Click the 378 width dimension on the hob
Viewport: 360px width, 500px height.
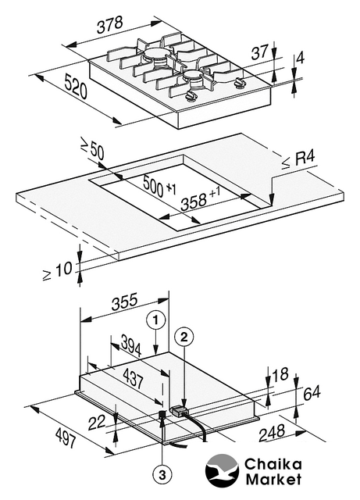point(110,25)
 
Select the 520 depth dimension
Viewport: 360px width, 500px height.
point(76,86)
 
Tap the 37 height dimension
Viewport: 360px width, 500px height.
point(259,52)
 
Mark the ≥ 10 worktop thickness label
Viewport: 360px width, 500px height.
point(58,271)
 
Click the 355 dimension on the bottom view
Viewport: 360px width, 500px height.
point(125,302)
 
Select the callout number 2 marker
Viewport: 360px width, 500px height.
point(184,337)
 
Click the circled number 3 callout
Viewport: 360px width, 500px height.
point(162,476)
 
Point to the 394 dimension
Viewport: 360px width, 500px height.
point(131,347)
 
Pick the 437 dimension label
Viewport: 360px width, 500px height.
point(133,378)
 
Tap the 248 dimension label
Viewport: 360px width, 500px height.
point(272,433)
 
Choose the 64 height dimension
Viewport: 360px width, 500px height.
point(312,393)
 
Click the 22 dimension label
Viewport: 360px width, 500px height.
point(97,423)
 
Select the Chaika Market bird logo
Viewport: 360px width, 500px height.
point(222,471)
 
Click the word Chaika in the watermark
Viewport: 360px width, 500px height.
point(273,465)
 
